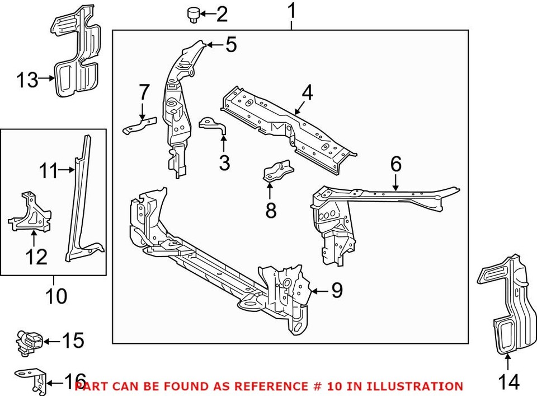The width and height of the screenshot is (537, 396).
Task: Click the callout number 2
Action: (222, 14)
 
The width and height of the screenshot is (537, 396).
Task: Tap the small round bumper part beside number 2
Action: (194, 14)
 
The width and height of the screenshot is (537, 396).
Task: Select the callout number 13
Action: (26, 80)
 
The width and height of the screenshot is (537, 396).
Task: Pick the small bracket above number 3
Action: (213, 125)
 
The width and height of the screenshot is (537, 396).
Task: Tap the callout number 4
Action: (307, 94)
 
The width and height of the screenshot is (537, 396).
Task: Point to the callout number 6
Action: (395, 165)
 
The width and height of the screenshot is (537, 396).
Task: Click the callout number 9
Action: (337, 291)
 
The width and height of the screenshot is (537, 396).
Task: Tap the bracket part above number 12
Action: (30, 213)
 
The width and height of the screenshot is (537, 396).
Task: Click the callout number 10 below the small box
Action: (56, 295)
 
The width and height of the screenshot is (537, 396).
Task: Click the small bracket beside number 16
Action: (33, 379)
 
